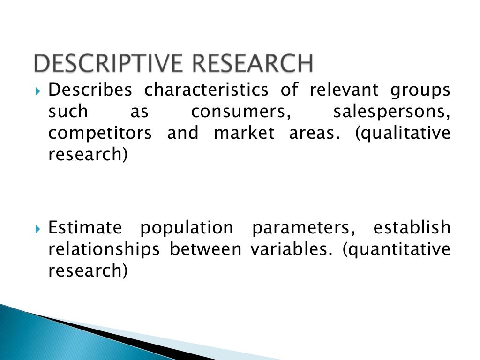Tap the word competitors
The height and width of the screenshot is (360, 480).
[x=100, y=133]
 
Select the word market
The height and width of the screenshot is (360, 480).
[x=244, y=133]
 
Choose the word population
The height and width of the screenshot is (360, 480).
[x=187, y=228]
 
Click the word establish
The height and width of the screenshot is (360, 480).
[x=412, y=227]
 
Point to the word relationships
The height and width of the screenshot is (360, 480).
[x=104, y=249]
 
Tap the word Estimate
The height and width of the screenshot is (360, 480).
[x=85, y=228]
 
